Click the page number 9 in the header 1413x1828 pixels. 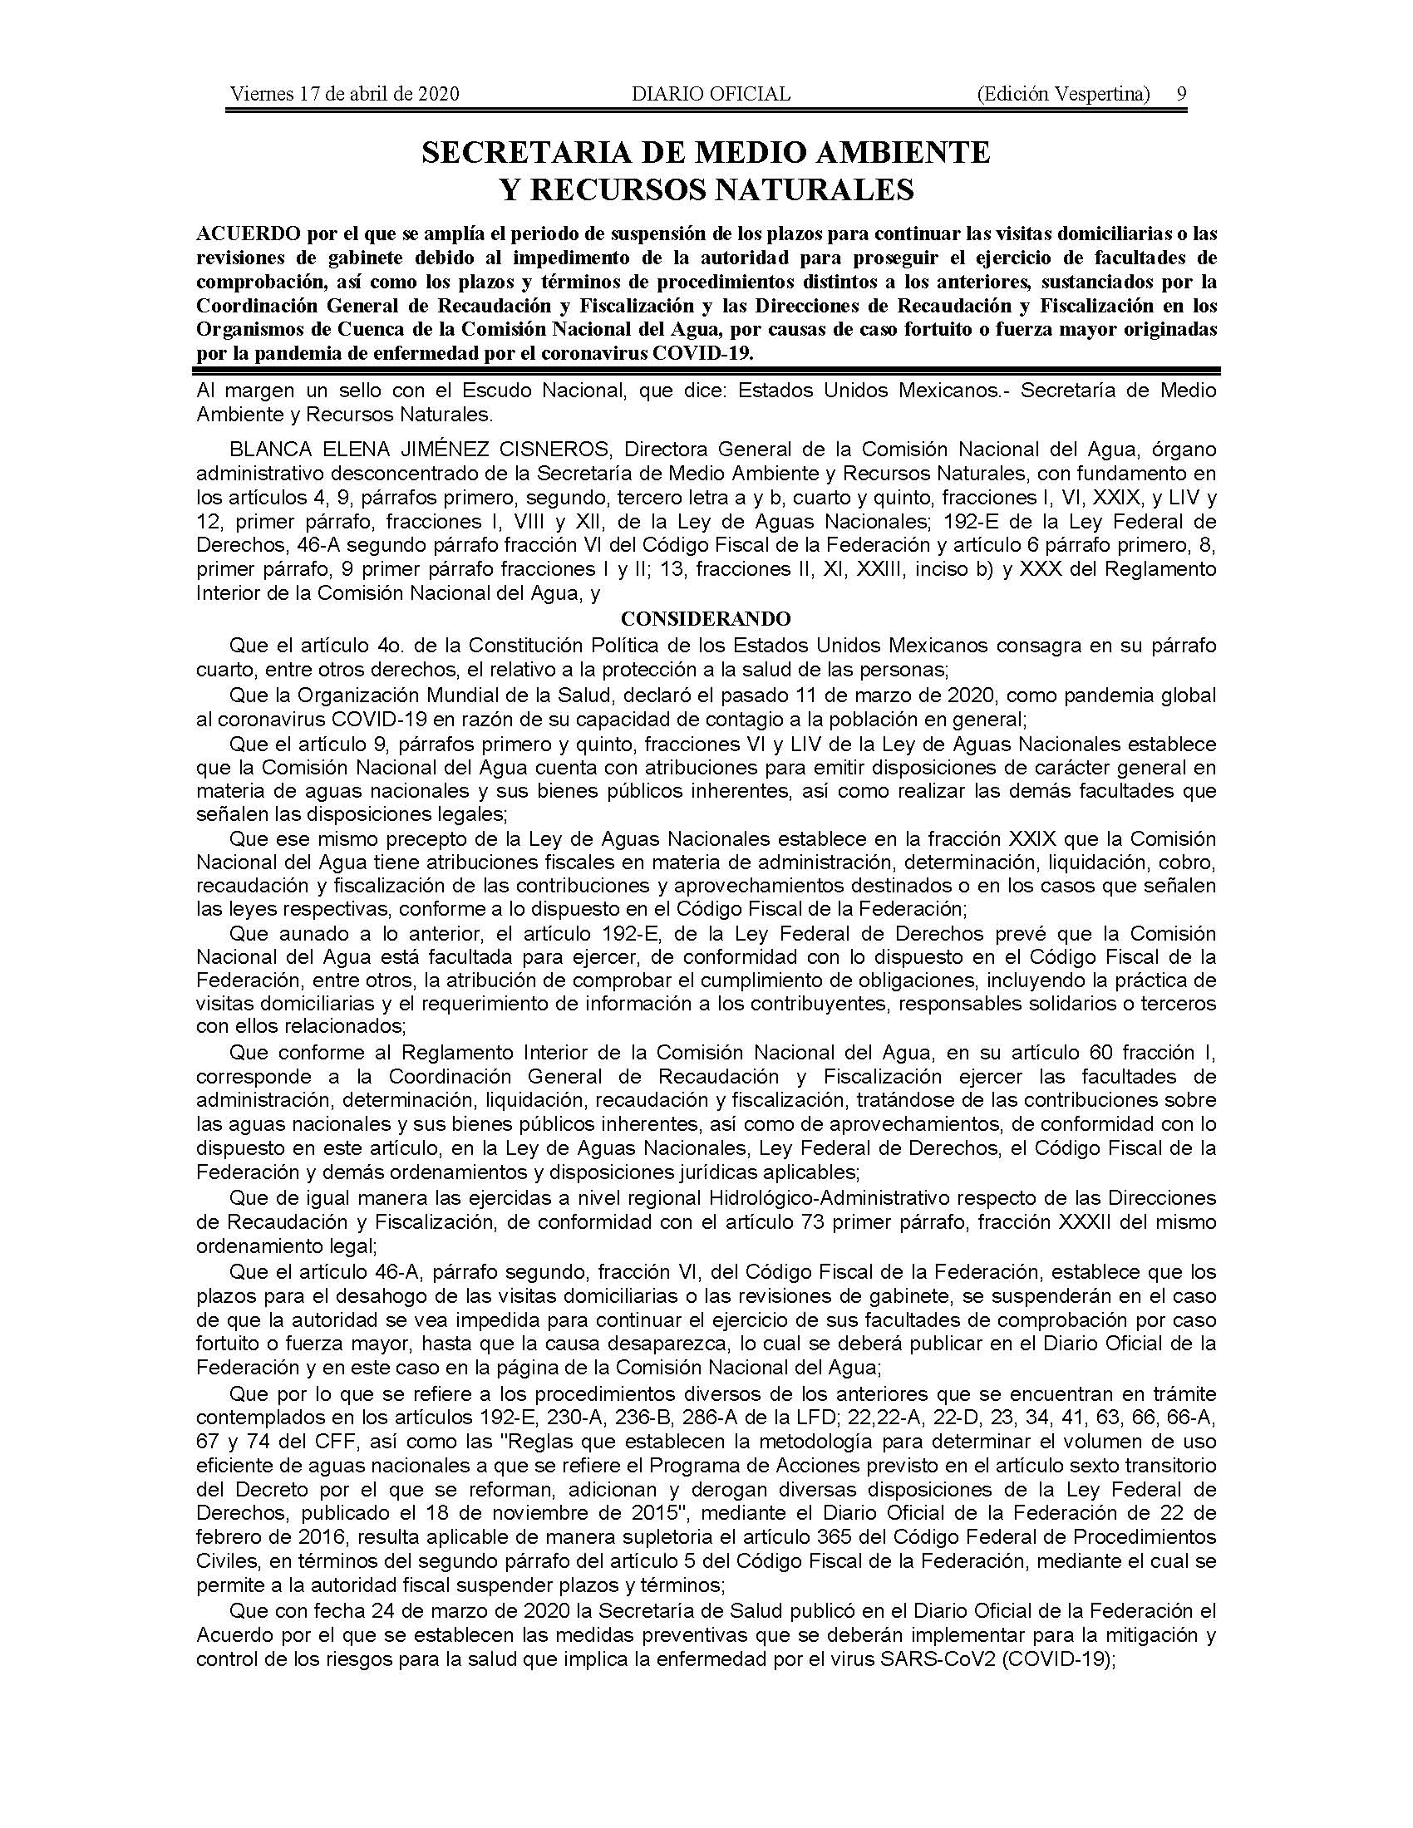pos(1181,94)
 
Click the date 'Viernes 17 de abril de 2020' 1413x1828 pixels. pos(344,94)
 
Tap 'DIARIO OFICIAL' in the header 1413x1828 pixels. pos(711,94)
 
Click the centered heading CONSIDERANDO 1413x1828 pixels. pos(706,619)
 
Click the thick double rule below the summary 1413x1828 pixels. pos(706,369)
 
